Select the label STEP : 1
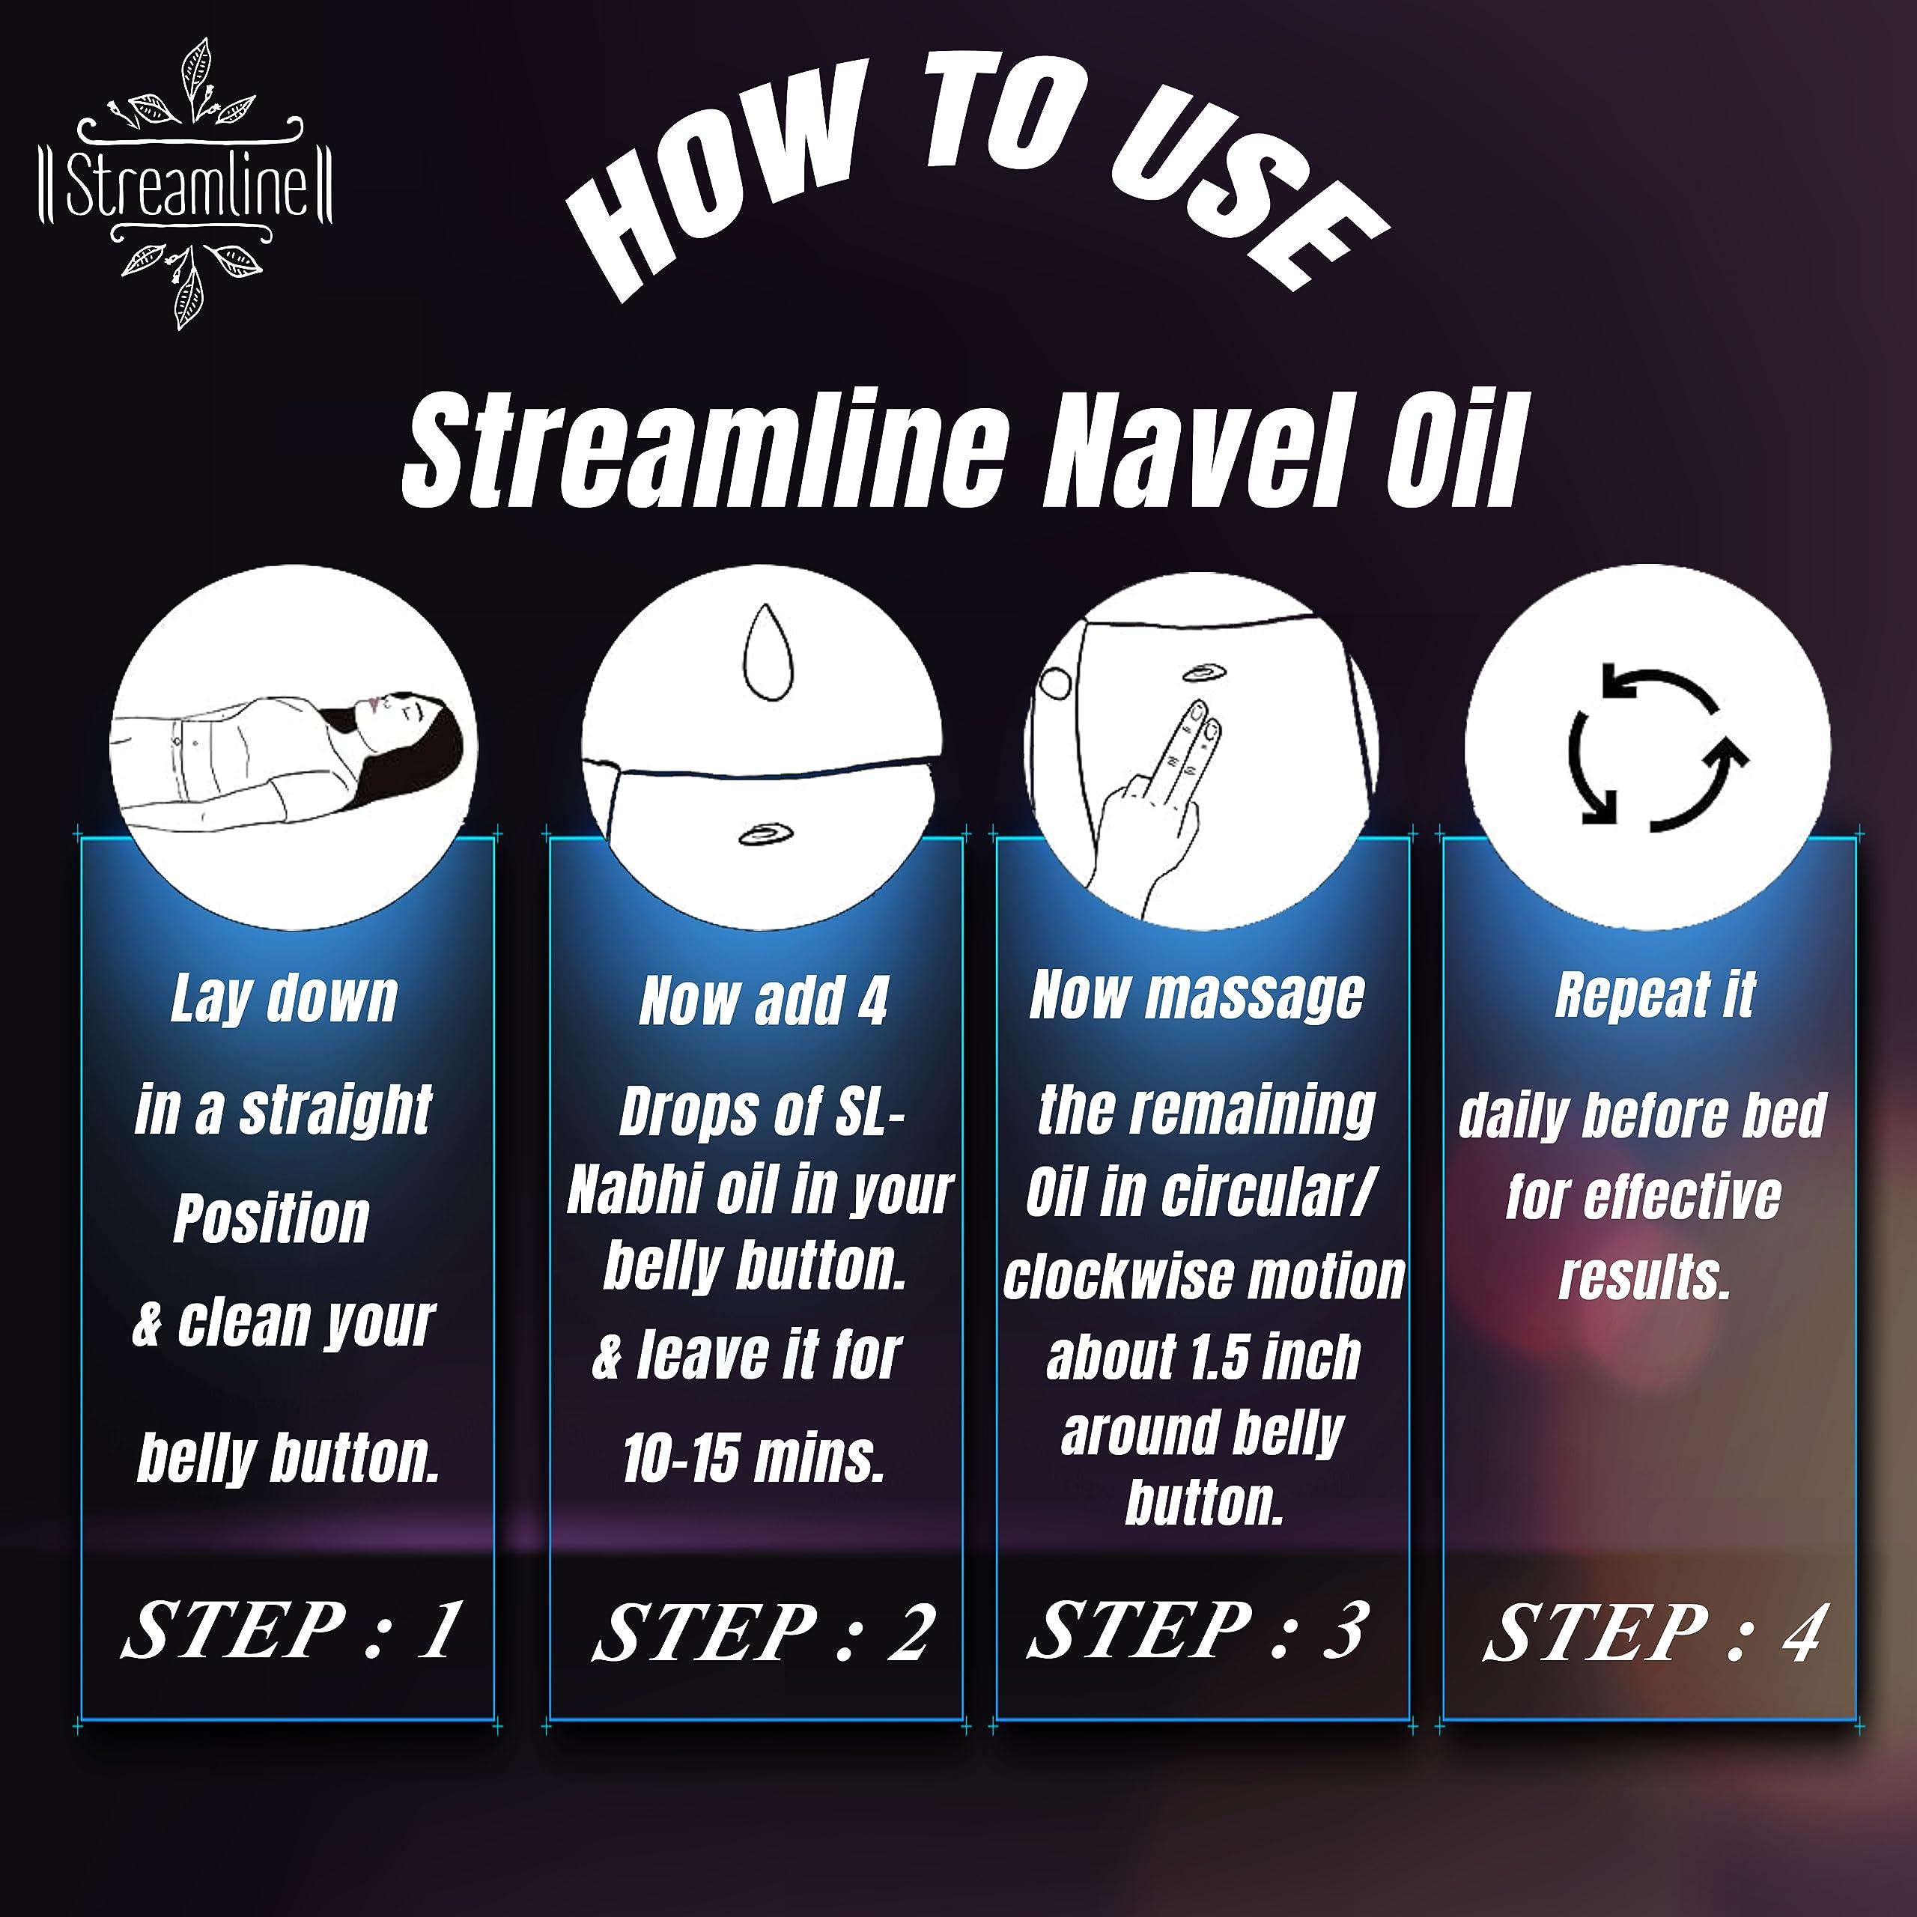291,1630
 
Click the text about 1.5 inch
1203,1356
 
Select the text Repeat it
1655,994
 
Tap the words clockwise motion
1203,1276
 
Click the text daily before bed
1642,1114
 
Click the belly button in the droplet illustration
765,834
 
